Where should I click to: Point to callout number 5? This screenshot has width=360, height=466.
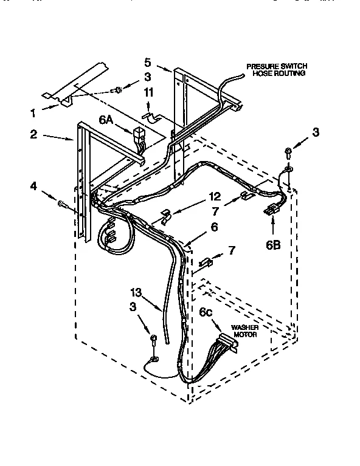[147, 61]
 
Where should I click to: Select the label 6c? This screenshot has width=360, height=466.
[206, 312]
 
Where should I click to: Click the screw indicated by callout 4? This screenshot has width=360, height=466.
[63, 205]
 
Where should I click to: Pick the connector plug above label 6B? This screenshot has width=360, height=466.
[269, 210]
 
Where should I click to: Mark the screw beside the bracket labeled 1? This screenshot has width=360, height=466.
[118, 90]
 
